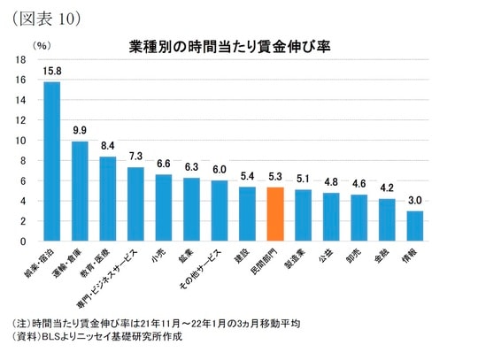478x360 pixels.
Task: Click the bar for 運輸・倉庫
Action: (x=80, y=191)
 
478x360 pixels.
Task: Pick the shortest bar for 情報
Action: (x=414, y=226)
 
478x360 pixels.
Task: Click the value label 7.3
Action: (x=135, y=157)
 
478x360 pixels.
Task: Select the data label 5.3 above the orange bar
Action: (x=275, y=177)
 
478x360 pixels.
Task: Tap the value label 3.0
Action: (x=414, y=200)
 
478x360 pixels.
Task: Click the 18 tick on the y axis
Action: (x=21, y=59)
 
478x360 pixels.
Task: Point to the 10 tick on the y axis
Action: (x=21, y=141)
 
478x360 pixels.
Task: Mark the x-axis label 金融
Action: (x=382, y=255)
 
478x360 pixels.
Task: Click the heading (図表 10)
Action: (x=43, y=15)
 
